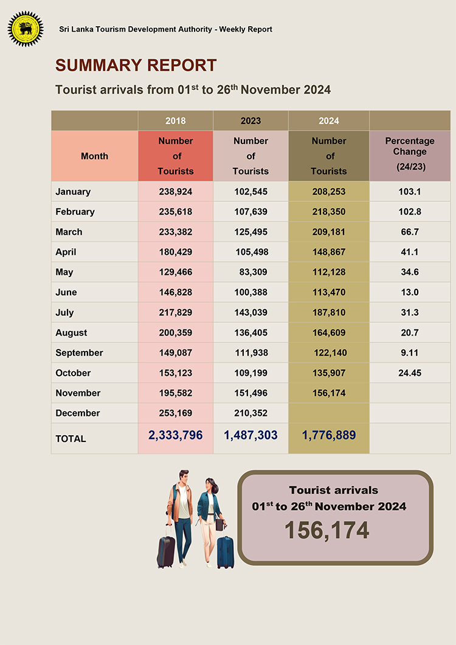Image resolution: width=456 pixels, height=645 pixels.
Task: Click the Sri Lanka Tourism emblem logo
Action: pos(26,29)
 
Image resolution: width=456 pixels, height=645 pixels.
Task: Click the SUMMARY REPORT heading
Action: pos(136,66)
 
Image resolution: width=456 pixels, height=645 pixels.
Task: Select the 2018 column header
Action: pos(176,120)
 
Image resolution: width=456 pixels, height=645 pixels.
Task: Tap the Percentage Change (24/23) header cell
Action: pos(410,156)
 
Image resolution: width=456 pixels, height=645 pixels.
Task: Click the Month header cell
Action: pos(95,156)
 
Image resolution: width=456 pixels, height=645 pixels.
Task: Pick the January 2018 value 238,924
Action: pos(176,191)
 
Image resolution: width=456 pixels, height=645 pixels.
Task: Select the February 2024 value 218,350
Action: pos(329,212)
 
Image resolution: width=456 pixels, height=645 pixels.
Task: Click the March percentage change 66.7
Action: pos(410,232)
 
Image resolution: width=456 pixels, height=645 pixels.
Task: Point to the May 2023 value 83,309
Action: pos(253,272)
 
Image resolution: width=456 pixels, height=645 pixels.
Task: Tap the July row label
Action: pos(64,312)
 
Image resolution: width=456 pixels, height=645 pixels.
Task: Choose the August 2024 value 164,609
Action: pos(329,333)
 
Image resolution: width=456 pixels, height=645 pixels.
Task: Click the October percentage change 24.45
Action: pos(410,373)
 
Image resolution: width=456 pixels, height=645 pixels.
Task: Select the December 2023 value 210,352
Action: pos(250,413)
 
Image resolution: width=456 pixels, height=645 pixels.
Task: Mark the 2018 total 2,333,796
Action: pos(176,435)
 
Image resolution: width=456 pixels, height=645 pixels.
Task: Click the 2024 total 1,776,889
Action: pos(329,435)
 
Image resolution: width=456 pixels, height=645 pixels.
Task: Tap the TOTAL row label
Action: pos(71,439)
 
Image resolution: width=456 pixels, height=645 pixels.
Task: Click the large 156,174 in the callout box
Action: pos(327,530)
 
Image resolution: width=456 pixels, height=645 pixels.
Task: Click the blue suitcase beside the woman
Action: pos(225,553)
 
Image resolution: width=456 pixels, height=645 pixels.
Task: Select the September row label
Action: pos(80,353)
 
